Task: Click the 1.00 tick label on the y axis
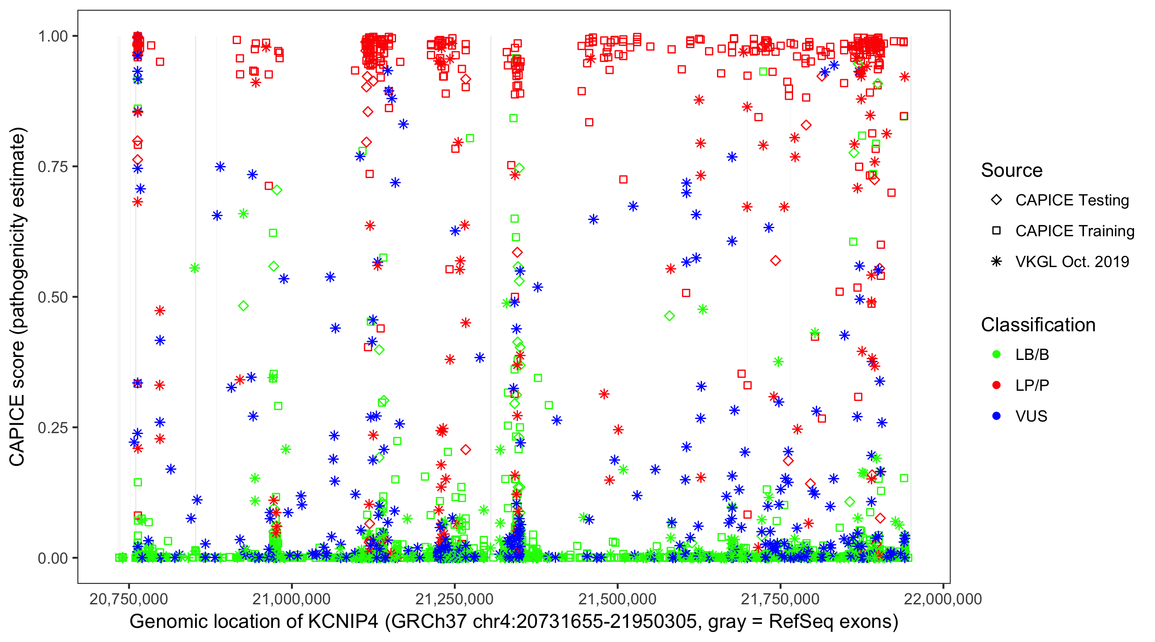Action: pyautogui.click(x=53, y=36)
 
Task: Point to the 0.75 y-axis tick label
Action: pyautogui.click(x=53, y=167)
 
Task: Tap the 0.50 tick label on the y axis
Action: pyautogui.click(x=53, y=297)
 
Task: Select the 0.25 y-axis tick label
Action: pyautogui.click(x=53, y=428)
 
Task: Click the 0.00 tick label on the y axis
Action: pyautogui.click(x=53, y=558)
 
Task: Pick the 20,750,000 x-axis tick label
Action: pyautogui.click(x=129, y=599)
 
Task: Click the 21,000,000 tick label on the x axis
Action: pyautogui.click(x=291, y=599)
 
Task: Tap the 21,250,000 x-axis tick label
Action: pyautogui.click(x=454, y=599)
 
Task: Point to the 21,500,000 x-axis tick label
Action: pyautogui.click(x=617, y=599)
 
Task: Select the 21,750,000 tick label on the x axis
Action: pyautogui.click(x=780, y=599)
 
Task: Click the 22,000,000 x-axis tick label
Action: pyautogui.click(x=943, y=599)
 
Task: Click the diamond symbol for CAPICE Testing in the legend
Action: pyautogui.click(x=996, y=200)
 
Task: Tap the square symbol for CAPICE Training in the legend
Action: pyautogui.click(x=996, y=231)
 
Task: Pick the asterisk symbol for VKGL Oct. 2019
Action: pyautogui.click(x=996, y=262)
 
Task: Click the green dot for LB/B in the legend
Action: pyautogui.click(x=996, y=354)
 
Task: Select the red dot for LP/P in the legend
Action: pyautogui.click(x=996, y=385)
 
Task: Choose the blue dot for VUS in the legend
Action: pyautogui.click(x=996, y=416)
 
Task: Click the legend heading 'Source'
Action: pyautogui.click(x=1012, y=170)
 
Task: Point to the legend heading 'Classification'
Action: pyautogui.click(x=1038, y=325)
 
